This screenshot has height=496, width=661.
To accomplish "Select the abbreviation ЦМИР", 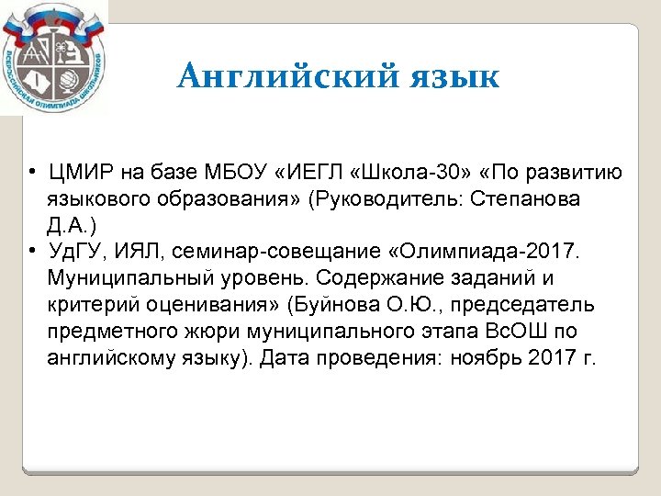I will pos(78,174).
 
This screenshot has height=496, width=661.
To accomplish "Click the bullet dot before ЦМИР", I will pos(32,174).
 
